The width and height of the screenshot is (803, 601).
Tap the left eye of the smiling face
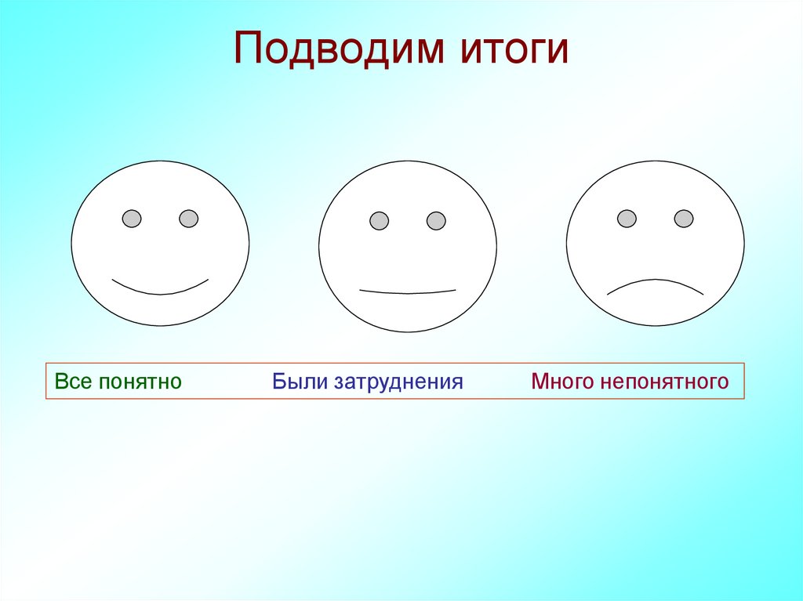tap(132, 219)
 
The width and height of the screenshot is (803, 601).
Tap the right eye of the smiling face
tap(189, 219)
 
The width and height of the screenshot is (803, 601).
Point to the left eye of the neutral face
tap(380, 221)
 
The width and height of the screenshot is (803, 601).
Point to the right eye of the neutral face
tap(436, 221)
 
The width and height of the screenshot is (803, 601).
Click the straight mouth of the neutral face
tap(407, 291)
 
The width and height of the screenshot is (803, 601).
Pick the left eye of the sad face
tap(627, 219)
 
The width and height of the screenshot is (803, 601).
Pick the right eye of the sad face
tap(684, 219)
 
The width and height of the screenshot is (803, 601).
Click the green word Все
tap(69, 382)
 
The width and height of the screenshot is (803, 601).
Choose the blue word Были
tap(300, 382)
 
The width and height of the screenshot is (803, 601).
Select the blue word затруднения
tap(399, 382)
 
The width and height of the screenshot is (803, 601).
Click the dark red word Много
tap(562, 382)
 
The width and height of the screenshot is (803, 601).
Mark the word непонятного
tap(665, 382)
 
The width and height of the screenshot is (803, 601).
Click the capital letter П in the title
tap(247, 49)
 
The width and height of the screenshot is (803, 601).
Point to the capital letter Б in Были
tap(278, 382)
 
